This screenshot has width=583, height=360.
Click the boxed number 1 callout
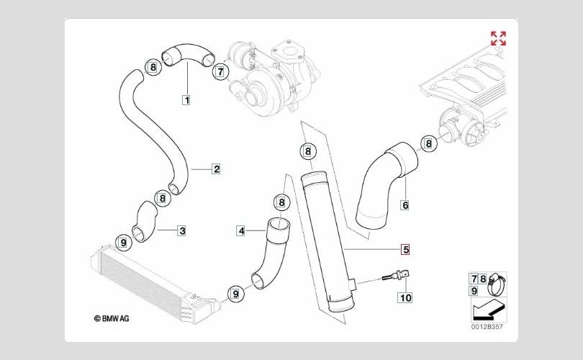click(186, 99)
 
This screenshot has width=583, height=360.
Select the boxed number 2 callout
click(217, 169)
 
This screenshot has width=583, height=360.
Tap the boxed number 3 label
click(182, 230)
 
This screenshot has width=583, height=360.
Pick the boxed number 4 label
click(241, 231)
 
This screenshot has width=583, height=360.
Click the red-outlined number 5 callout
click(405, 249)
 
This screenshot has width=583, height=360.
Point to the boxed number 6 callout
click(405, 205)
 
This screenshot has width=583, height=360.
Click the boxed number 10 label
click(405, 297)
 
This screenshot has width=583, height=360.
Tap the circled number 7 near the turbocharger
click(220, 71)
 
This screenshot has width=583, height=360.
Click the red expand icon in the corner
click(498, 38)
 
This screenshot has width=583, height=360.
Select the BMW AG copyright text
click(112, 318)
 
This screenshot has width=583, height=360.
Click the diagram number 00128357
click(487, 327)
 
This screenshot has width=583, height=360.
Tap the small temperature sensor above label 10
click(396, 276)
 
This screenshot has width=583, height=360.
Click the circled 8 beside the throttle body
click(429, 143)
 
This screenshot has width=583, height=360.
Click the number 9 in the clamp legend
click(474, 290)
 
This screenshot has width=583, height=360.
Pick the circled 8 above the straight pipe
click(307, 151)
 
